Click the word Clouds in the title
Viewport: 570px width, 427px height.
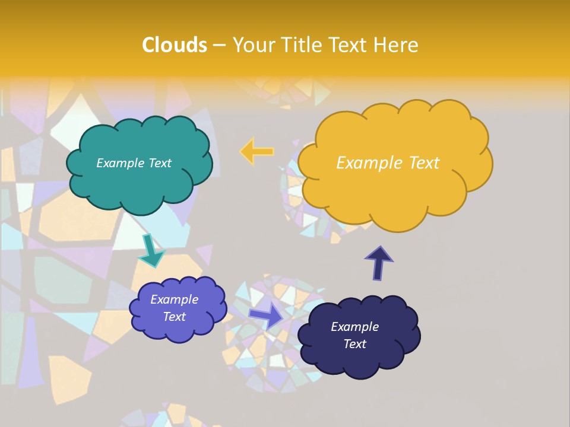175,45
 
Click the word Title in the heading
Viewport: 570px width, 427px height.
300,45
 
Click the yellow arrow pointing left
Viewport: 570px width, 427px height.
256,152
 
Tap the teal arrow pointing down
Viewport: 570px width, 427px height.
151,250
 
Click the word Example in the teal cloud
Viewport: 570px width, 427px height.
119,163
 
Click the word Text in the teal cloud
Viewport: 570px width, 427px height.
159,163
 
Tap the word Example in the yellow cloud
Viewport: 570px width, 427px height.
368,163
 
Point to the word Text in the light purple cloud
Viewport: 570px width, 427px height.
175,317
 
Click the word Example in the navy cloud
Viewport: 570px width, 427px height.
355,327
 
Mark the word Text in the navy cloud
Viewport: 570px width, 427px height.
355,344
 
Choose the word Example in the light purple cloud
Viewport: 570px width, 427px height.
175,299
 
